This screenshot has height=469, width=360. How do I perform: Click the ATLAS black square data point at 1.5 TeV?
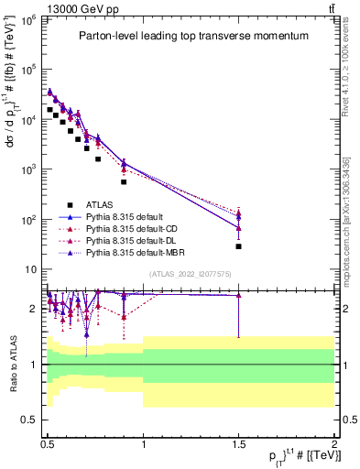238,246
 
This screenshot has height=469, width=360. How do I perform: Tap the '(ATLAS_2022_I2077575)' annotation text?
191,274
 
